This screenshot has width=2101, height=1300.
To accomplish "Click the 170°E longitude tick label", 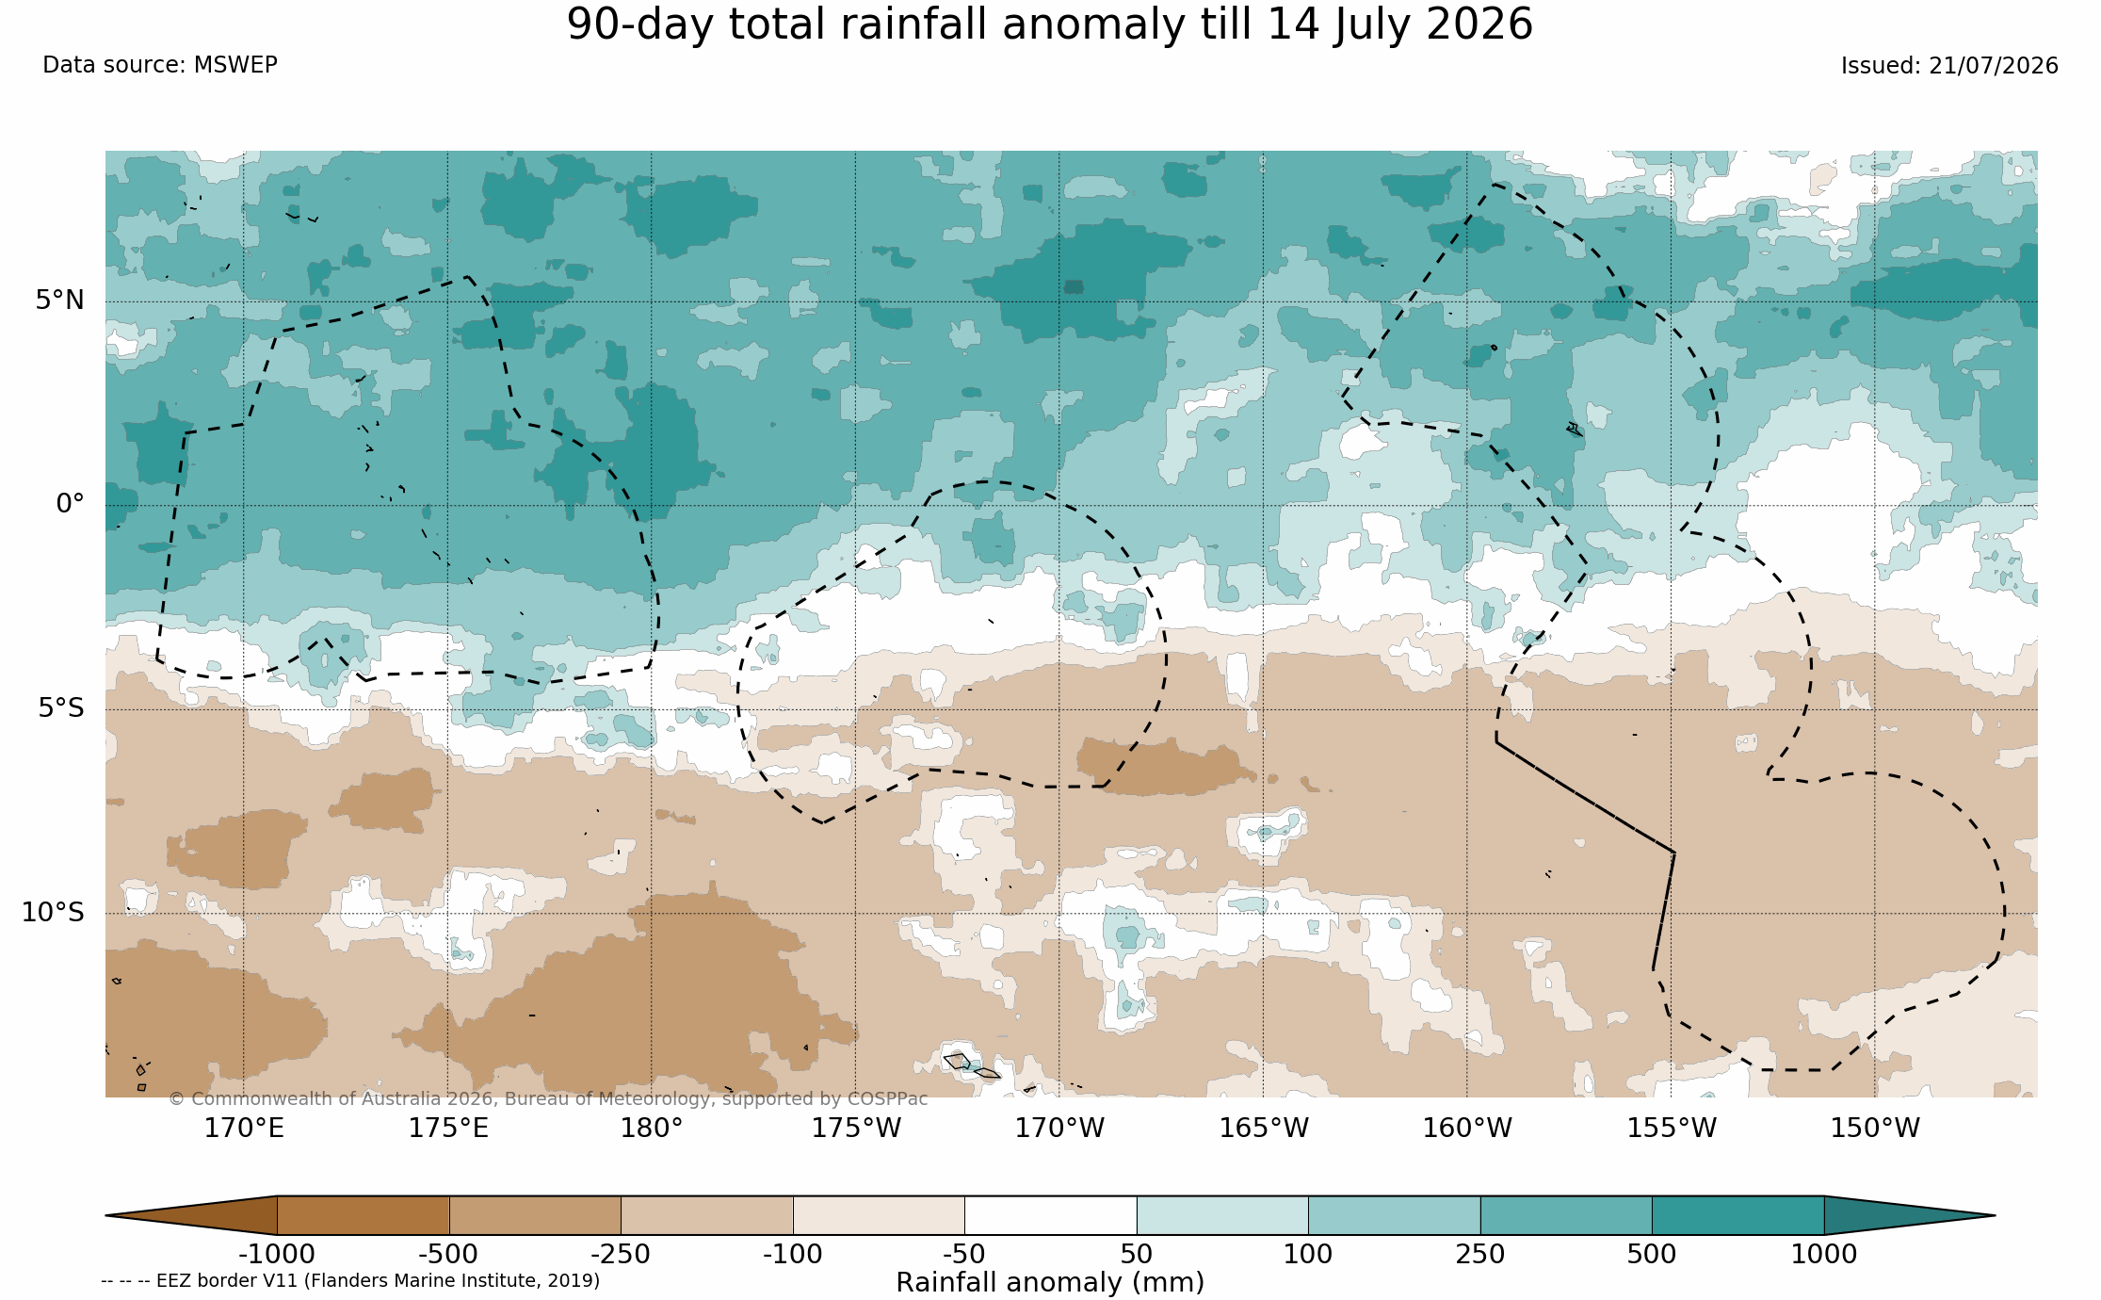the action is click(x=244, y=1128).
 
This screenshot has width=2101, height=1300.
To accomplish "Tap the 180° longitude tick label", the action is click(x=651, y=1128).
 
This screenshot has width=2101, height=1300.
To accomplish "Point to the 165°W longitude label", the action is click(x=1264, y=1128).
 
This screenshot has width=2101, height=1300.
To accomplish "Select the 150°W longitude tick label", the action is click(x=1875, y=1128).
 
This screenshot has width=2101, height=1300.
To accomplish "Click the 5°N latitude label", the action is click(x=60, y=300).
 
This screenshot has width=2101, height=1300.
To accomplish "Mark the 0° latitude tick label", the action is click(x=70, y=504).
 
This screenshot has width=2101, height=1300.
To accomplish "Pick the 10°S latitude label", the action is click(x=53, y=912).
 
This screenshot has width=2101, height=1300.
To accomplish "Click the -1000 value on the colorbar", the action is click(x=277, y=1254).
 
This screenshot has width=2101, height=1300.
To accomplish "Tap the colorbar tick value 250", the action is click(x=1480, y=1254).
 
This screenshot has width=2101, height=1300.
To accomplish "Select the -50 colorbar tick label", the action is click(x=964, y=1254).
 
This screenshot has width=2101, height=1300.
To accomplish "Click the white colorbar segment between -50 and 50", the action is click(x=1050, y=1215).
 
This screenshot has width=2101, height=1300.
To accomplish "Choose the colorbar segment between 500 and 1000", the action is click(x=1737, y=1215).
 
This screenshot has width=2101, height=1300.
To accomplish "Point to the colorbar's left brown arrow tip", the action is click(x=106, y=1215).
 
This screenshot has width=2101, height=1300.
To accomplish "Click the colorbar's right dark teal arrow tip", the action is click(x=1995, y=1215).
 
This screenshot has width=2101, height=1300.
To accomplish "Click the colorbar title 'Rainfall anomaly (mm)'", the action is click(x=1050, y=1283).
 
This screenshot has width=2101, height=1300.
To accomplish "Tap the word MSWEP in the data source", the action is click(x=235, y=65).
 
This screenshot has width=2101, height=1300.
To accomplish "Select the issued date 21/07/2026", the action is click(x=1994, y=66).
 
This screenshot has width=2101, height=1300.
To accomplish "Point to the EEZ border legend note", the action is click(x=350, y=1281).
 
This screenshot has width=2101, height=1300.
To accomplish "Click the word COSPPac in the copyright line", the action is click(x=887, y=1099).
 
